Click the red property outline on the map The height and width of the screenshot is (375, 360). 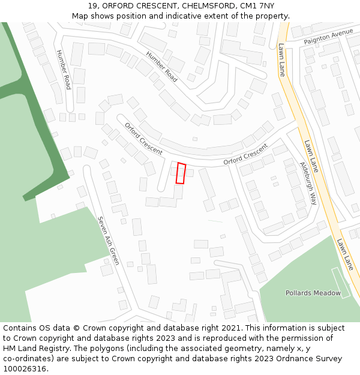181,173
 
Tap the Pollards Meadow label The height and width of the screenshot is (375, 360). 313,293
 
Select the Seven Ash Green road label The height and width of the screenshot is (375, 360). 108,241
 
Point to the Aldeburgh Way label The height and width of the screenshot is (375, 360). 308,183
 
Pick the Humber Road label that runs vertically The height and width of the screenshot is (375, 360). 63,70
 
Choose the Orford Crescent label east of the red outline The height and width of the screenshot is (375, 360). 245,155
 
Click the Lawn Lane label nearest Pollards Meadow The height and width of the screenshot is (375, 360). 346,254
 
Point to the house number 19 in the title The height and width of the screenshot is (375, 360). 92,6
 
